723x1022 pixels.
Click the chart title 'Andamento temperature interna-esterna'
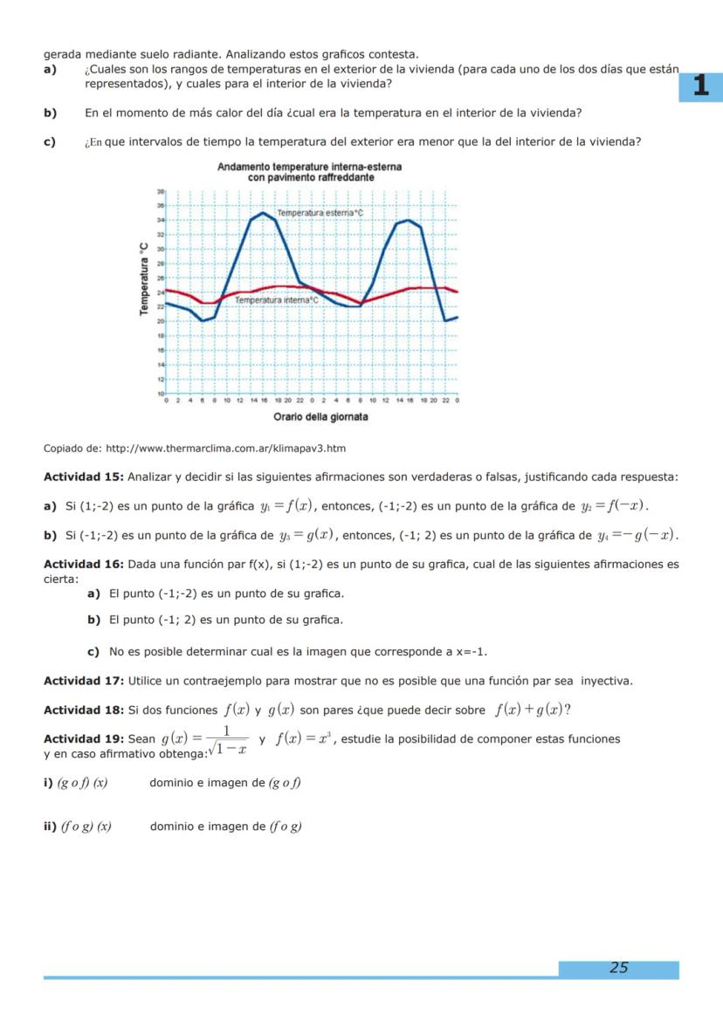coord(309,167)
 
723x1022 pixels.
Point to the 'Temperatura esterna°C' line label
coord(320,212)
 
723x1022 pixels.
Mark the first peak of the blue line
coord(263,212)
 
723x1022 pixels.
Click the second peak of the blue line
coord(408,220)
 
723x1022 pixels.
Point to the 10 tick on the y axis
coord(160,394)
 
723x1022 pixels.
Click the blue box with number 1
coord(699,86)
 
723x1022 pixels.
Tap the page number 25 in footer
coord(618,967)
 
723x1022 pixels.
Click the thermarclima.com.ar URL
coord(225,449)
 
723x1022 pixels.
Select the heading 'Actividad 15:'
coord(84,477)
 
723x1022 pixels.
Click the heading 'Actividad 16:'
coord(84,565)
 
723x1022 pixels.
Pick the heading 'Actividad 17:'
coord(84,681)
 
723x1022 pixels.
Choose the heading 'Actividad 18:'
coord(84,710)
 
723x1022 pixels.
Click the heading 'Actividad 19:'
coord(84,739)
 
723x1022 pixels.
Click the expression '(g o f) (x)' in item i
coord(82,783)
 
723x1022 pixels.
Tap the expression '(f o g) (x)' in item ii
coord(82,827)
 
